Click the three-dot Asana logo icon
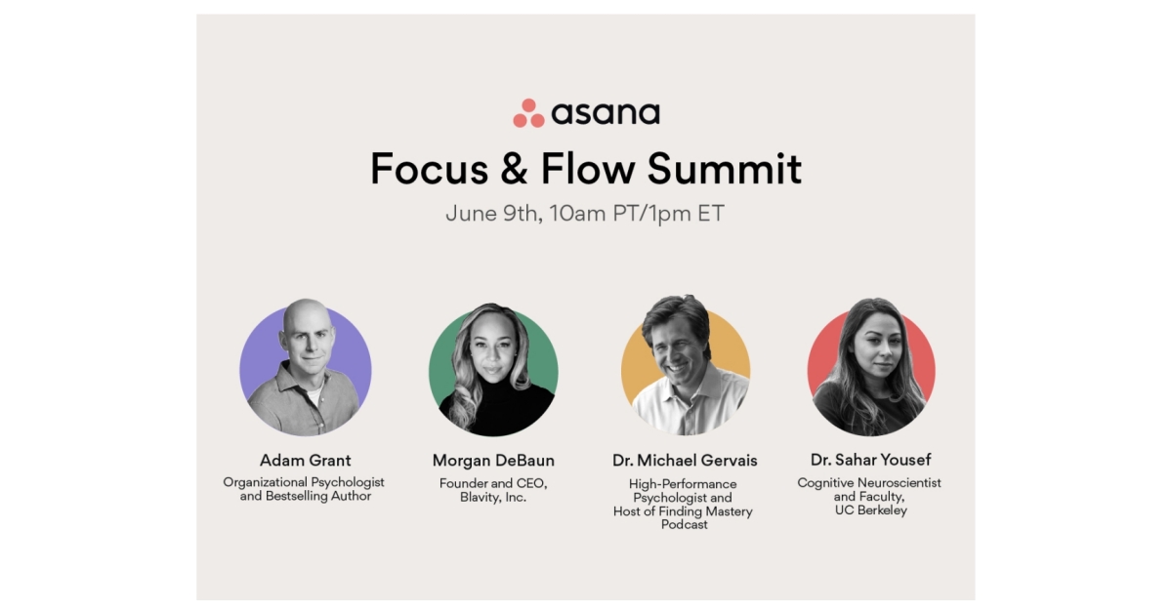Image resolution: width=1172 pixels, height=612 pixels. [x=528, y=113]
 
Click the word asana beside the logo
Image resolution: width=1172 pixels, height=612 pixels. [x=606, y=113]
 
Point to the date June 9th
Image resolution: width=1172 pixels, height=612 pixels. [x=492, y=214]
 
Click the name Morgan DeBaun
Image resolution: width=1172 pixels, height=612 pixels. [x=493, y=460]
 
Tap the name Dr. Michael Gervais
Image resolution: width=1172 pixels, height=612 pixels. [x=685, y=460]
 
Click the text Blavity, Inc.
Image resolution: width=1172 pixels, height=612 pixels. [x=493, y=497]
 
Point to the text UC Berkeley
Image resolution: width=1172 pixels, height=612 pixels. [x=869, y=510]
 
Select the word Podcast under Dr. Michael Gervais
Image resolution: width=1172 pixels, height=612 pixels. [x=685, y=525]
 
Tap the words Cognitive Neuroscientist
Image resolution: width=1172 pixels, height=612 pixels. [x=869, y=482]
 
